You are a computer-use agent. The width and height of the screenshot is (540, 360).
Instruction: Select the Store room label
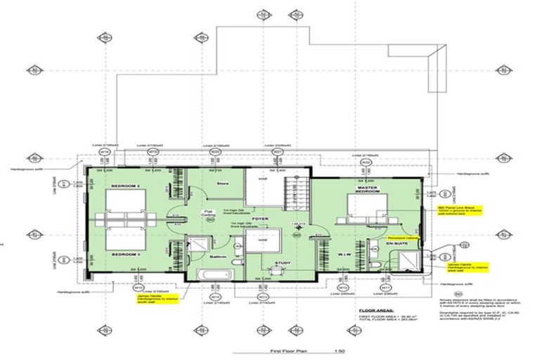(223, 184)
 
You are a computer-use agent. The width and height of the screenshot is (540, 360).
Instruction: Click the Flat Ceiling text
(208, 212)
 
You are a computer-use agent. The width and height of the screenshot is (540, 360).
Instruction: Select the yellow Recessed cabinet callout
(404, 238)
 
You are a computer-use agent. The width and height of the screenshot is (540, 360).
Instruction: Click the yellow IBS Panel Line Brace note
(449, 213)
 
